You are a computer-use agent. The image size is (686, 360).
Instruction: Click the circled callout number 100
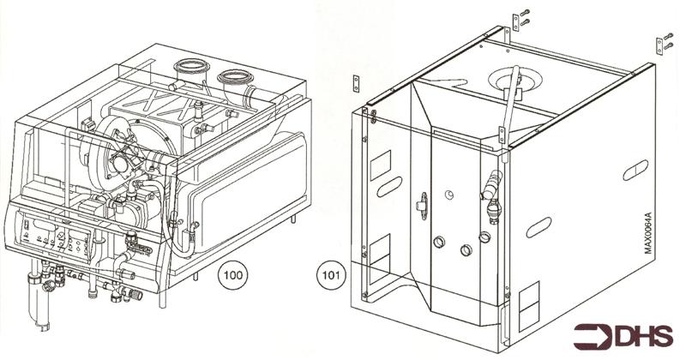pyautogui.click(x=232, y=276)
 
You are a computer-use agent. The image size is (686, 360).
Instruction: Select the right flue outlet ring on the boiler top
pyautogui.click(x=234, y=81)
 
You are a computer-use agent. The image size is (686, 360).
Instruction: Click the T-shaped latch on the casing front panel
pyautogui.click(x=421, y=203)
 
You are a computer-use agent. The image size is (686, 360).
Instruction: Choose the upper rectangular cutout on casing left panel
pyautogui.click(x=379, y=162)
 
